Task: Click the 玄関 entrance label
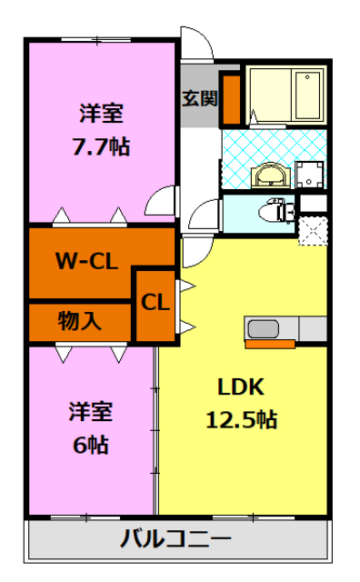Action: (199, 98)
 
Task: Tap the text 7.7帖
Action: (101, 145)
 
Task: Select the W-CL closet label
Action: (86, 263)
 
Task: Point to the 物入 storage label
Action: (80, 320)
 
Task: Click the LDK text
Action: (240, 386)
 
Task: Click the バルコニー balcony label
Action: (176, 539)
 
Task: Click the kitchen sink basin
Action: (263, 328)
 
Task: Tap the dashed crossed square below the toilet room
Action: (313, 229)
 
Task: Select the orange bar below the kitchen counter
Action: (270, 344)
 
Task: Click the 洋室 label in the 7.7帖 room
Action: (101, 115)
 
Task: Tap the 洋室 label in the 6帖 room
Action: (90, 412)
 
